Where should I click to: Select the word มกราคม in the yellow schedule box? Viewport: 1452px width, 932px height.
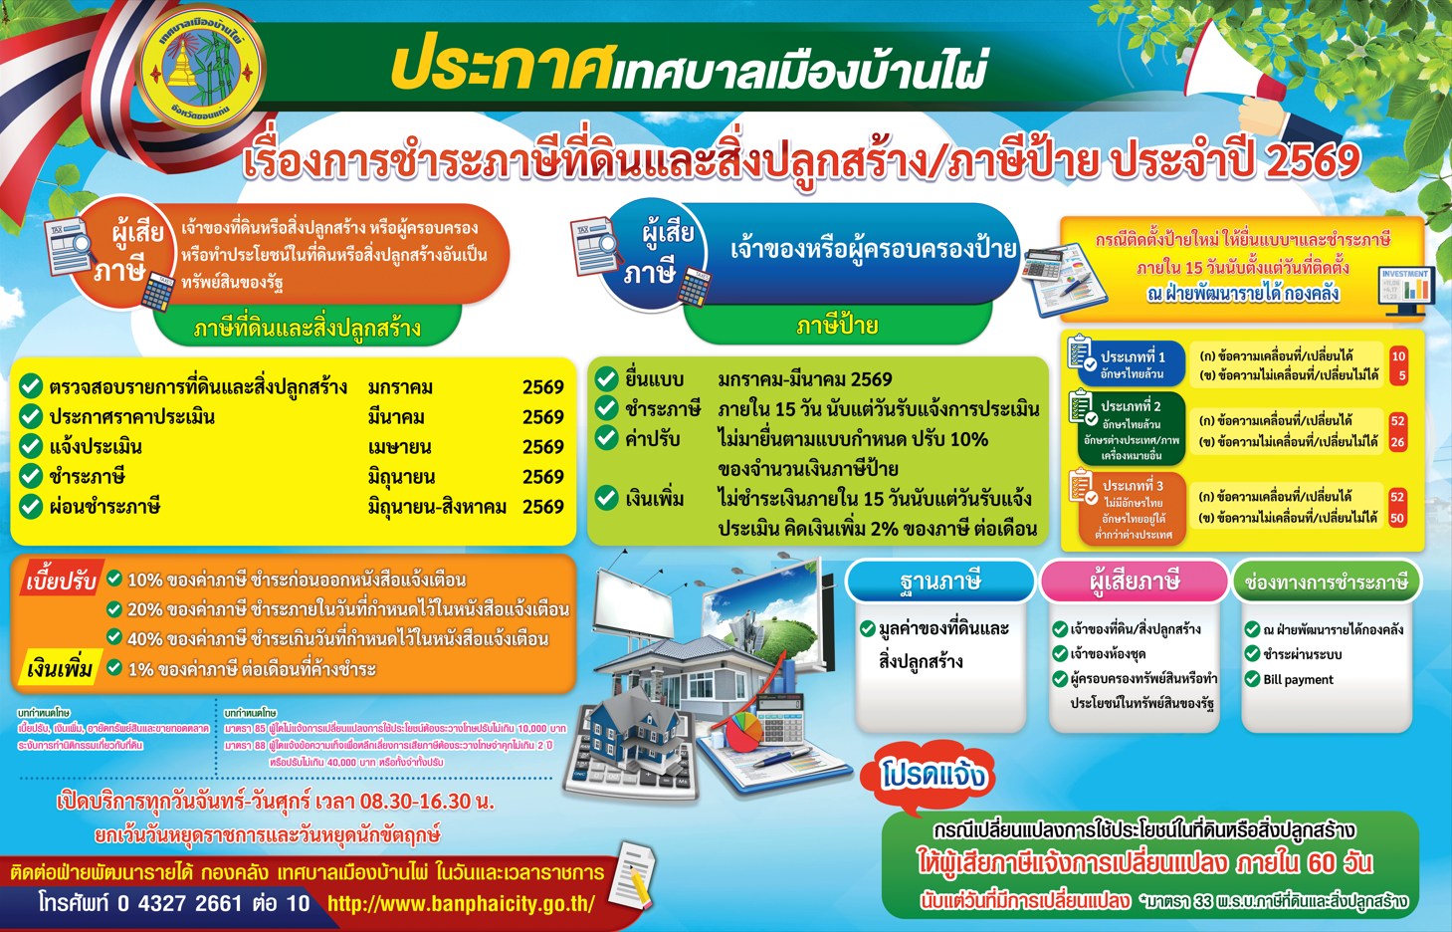400,387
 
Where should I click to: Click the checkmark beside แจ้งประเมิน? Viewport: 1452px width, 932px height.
31,446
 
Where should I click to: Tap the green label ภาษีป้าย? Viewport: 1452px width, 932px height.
837,325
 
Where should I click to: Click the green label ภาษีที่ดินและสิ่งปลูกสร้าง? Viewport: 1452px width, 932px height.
307,328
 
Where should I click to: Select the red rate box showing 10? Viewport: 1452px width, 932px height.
1398,356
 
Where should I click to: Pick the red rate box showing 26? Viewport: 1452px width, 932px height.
1398,442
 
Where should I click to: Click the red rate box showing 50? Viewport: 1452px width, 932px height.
1397,518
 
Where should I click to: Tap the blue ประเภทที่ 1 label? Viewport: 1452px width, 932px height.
1132,363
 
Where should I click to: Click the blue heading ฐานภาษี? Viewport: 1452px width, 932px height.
939,582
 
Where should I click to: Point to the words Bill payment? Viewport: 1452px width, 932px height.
1298,680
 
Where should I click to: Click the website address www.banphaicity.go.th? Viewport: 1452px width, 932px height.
461,904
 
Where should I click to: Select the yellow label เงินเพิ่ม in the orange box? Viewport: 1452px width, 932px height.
60,668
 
